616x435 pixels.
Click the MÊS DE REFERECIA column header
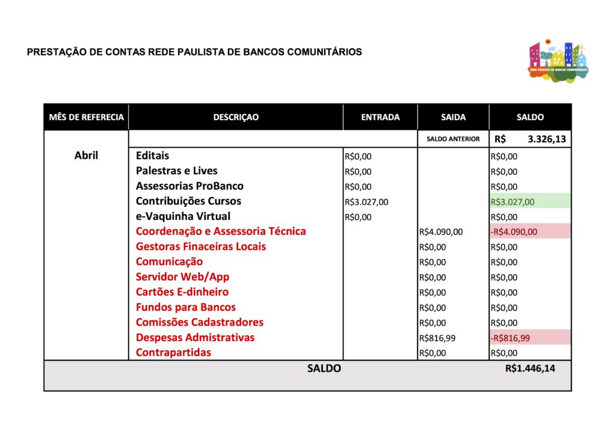point(86,117)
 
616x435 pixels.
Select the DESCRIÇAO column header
point(236,117)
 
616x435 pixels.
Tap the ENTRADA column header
point(380,117)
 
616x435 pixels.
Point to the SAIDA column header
point(453,117)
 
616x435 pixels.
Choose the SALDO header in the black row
point(530,117)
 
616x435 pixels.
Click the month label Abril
point(86,156)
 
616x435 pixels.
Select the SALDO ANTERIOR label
point(453,139)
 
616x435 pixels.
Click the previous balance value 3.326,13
point(546,139)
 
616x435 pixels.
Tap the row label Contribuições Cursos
point(188,201)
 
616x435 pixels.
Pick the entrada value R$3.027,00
point(366,202)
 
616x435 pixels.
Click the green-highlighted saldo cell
point(530,202)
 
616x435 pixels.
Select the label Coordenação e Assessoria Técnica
point(221,231)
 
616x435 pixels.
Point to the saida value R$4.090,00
point(441,232)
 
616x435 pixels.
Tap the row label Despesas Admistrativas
point(195,337)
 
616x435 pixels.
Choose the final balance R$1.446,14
point(530,368)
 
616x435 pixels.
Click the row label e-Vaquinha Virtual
point(183,216)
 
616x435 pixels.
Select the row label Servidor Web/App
point(182,277)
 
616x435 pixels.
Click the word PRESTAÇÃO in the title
point(57,52)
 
